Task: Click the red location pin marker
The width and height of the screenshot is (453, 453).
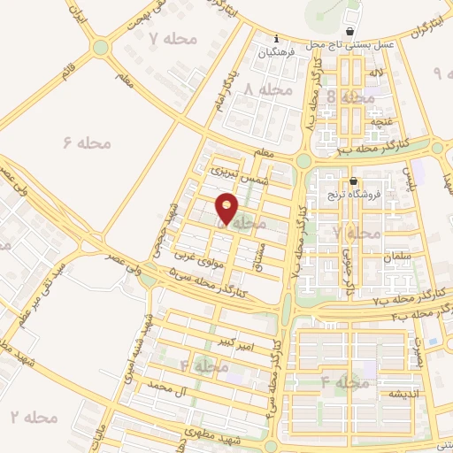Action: click(x=227, y=208)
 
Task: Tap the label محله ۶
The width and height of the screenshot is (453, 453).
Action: click(x=87, y=142)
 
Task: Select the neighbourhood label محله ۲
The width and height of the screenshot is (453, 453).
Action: click(x=27, y=415)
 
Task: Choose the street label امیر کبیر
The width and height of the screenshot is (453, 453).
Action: click(x=238, y=342)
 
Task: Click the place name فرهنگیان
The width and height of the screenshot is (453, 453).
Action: click(x=277, y=53)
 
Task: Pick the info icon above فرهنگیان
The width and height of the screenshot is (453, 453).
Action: click(x=277, y=39)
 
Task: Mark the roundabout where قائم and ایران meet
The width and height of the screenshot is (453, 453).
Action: click(x=100, y=46)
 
